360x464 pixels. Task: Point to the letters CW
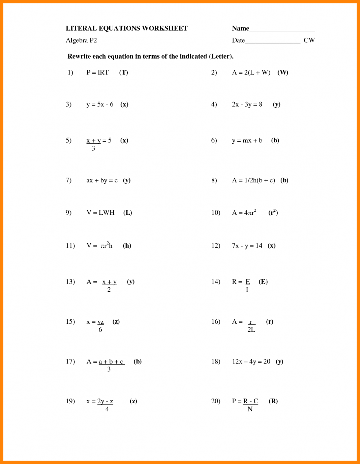click(x=309, y=40)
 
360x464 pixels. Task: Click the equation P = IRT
click(x=97, y=72)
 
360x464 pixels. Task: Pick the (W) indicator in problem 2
click(x=283, y=72)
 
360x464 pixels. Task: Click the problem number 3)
click(x=69, y=104)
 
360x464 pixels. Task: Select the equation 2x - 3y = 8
click(x=247, y=104)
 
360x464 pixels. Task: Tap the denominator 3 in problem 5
click(x=93, y=148)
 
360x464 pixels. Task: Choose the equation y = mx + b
click(x=247, y=140)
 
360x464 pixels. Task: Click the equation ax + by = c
click(x=102, y=180)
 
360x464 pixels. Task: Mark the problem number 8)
click(x=214, y=180)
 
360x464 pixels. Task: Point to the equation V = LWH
click(x=100, y=212)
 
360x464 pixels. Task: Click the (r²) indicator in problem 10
click(x=273, y=212)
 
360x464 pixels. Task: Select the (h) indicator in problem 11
click(x=127, y=245)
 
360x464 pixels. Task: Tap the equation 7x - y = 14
click(x=247, y=245)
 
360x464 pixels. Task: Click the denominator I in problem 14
click(x=247, y=290)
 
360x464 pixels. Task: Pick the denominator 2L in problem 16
click(x=251, y=330)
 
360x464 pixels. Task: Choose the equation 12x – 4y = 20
click(x=251, y=361)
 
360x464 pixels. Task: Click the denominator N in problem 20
click(x=250, y=409)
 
